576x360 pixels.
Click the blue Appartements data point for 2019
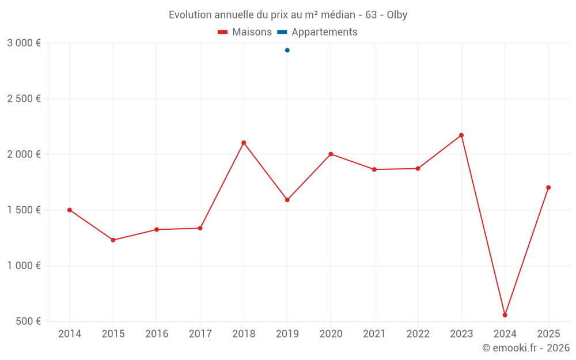click(x=287, y=50)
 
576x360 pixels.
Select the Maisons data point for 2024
click(x=505, y=315)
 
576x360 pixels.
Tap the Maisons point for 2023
click(x=461, y=135)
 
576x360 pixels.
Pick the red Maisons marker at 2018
click(x=244, y=143)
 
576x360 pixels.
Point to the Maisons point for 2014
click(x=70, y=210)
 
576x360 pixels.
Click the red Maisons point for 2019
click(x=287, y=200)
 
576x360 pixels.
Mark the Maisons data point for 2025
click(x=548, y=187)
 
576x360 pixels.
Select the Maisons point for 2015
click(x=113, y=240)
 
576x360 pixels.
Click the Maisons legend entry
click(x=245, y=32)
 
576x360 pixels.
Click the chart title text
click(x=288, y=15)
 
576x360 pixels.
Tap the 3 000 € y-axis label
click(x=24, y=43)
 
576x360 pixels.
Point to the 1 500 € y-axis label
click(x=24, y=210)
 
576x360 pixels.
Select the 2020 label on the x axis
click(x=331, y=334)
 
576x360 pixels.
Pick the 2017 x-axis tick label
click(x=200, y=334)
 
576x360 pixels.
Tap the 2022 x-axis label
click(x=418, y=334)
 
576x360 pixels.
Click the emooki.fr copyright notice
click(x=525, y=348)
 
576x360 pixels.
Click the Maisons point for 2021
click(x=374, y=169)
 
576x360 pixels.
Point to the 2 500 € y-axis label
click(x=24, y=98)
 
